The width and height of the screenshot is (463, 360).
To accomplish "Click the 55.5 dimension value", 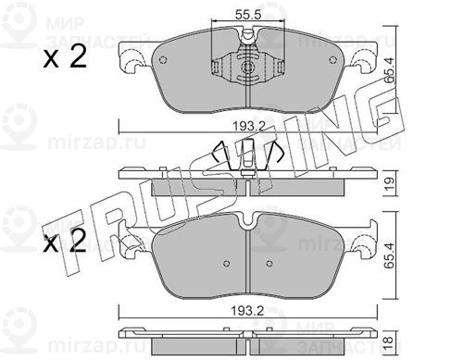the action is [248, 15].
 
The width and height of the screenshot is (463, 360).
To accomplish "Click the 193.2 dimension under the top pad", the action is [249, 126].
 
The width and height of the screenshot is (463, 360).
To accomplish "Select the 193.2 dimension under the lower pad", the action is [248, 311].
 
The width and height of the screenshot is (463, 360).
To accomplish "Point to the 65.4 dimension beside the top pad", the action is [390, 71].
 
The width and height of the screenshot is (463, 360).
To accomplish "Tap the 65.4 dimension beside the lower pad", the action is [390, 255].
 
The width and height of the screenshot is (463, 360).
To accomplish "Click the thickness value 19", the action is [390, 184].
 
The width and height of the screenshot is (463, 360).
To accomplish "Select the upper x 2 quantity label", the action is [65, 57].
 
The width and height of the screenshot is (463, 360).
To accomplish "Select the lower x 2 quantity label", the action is [64, 242].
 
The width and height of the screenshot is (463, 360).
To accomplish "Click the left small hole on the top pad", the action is [163, 60].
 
